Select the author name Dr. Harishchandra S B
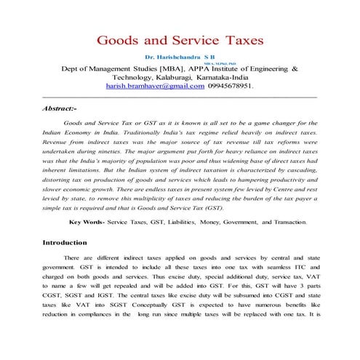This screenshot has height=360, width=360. click(180, 56)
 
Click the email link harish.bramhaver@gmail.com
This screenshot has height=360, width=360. click(151, 86)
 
